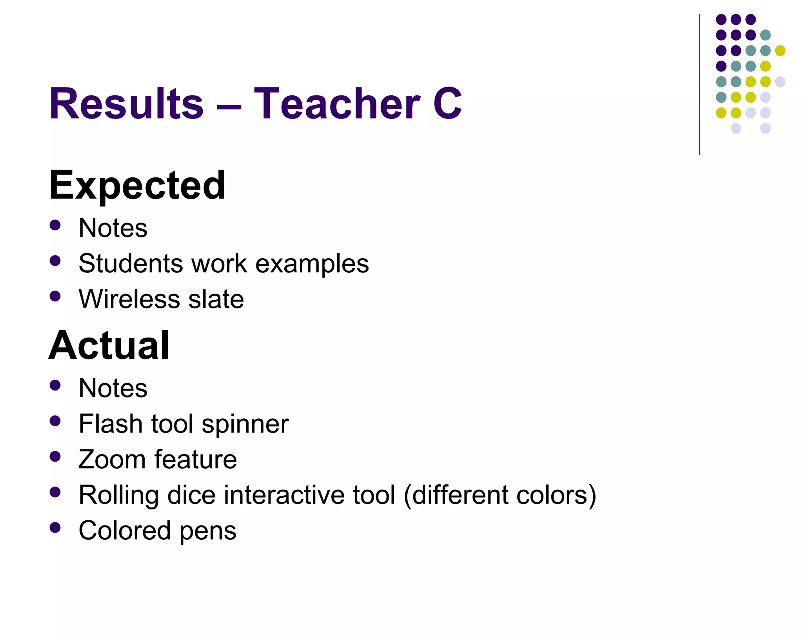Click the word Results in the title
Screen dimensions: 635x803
pos(126,104)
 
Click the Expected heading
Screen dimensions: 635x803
pos(137,185)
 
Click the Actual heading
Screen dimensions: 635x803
pos(109,345)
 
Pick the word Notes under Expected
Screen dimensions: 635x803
pos(113,228)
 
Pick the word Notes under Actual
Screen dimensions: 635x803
pos(113,388)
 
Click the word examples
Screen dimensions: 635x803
pos(312,264)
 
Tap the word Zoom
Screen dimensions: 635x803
pos(112,460)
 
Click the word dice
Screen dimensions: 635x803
pos(191,495)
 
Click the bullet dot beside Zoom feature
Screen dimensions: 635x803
pos(55,456)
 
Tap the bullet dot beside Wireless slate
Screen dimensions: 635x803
pos(55,296)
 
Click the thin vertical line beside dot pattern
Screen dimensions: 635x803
pos(699,84)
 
